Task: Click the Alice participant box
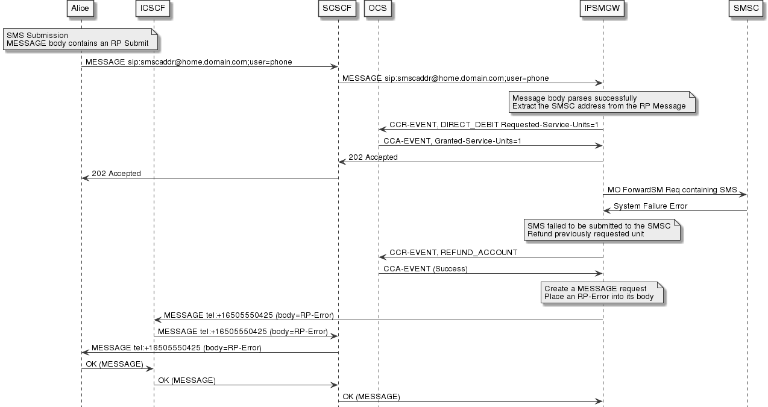pyautogui.click(x=80, y=8)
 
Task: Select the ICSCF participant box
pyautogui.click(x=153, y=8)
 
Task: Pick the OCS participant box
pyautogui.click(x=378, y=8)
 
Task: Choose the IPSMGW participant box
pyautogui.click(x=602, y=8)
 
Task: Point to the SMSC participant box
pyautogui.click(x=746, y=8)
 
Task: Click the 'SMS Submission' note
pyautogui.click(x=81, y=39)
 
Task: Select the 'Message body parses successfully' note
pyautogui.click(x=601, y=102)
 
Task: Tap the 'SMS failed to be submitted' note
pyautogui.click(x=602, y=230)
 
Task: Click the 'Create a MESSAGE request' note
pyautogui.click(x=602, y=292)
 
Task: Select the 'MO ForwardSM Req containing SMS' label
pyautogui.click(x=672, y=190)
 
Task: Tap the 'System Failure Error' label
pyautogui.click(x=650, y=206)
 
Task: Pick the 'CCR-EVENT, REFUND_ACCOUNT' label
pyautogui.click(x=453, y=253)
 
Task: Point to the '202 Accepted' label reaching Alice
pyautogui.click(x=116, y=174)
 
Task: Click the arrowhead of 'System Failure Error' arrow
pyautogui.click(x=606, y=210)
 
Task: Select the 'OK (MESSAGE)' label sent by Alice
pyautogui.click(x=115, y=364)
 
